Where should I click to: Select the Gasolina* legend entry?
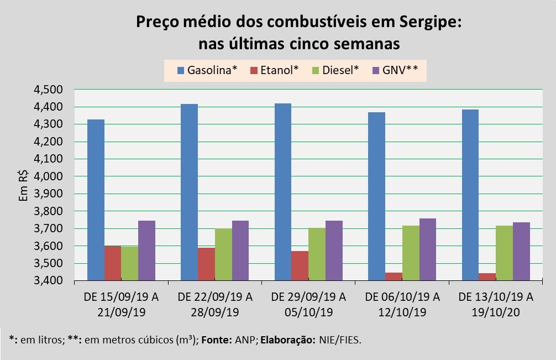coord(207,70)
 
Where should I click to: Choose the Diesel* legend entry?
coord(334,70)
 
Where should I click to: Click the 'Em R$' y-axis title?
coord(24,185)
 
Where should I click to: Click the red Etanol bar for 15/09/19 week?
coord(113,263)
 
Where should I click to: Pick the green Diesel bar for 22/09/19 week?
coord(223,252)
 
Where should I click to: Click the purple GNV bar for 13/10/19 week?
coord(521,252)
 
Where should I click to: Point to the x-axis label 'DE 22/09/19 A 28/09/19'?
coord(215,305)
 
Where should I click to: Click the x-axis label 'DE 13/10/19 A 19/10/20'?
coord(496,305)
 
